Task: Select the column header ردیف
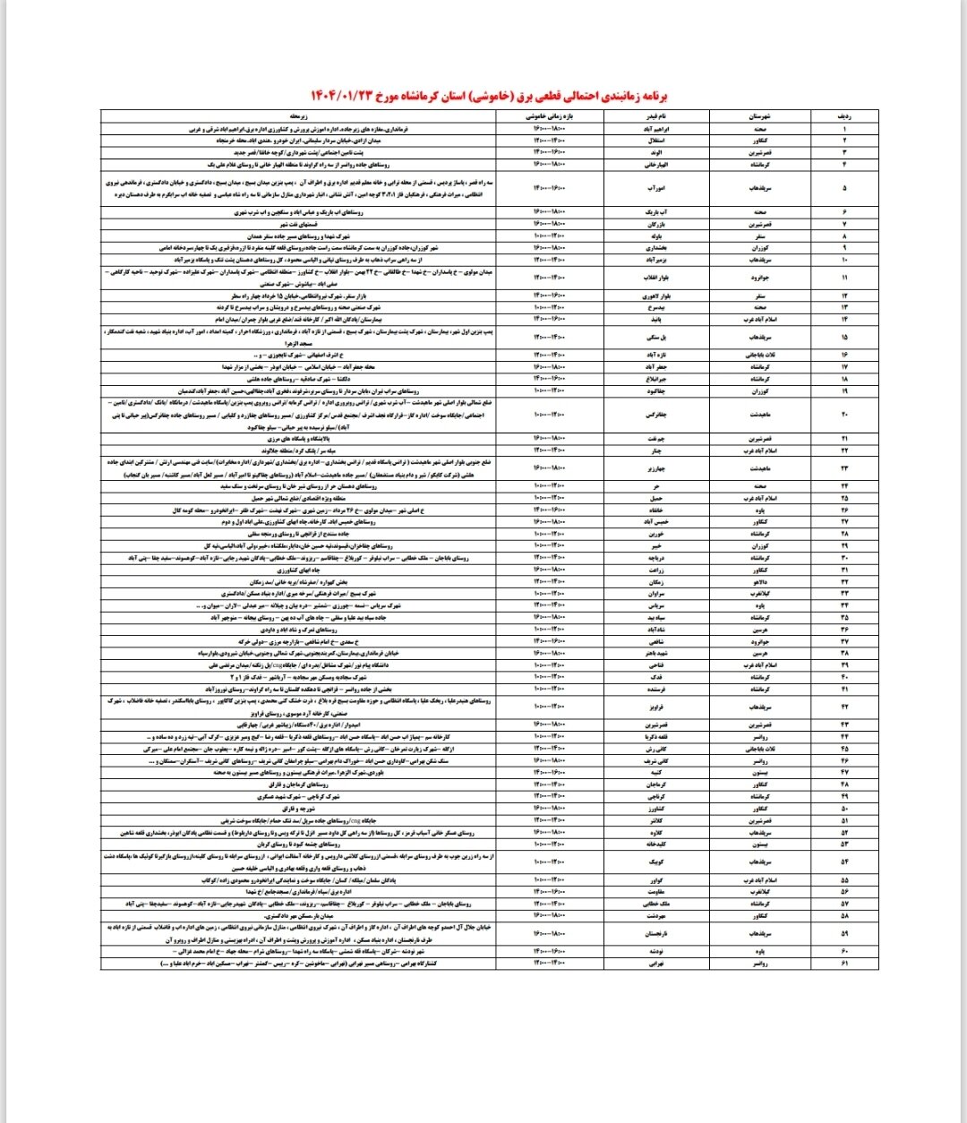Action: pos(843,116)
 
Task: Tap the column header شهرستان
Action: pos(759,116)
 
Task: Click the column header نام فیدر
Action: pos(655,116)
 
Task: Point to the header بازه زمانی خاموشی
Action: pos(549,116)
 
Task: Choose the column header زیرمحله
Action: pos(299,116)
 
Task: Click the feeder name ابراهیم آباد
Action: pos(655,129)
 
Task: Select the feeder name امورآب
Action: pos(655,188)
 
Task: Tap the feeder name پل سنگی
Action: pos(655,338)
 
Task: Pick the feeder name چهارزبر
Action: pos(655,468)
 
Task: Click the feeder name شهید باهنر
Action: pos(655,654)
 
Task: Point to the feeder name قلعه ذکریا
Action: pos(655,737)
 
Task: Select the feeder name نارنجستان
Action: pos(655,933)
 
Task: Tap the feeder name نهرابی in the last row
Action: pos(655,964)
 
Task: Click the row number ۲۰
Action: pos(843,415)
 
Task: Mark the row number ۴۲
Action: pos(843,707)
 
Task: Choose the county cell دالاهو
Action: pos(759,581)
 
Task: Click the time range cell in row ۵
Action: pos(549,188)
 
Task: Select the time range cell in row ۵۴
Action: pos(549,862)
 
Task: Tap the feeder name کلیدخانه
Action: pos(655,844)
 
